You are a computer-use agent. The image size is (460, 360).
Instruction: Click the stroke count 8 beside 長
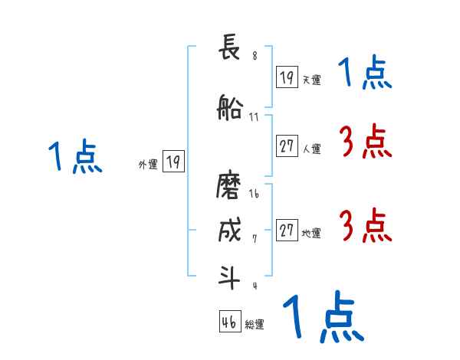[255, 56]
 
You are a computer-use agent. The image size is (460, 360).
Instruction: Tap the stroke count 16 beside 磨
[254, 194]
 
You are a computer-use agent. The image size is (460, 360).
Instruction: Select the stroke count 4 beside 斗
[255, 286]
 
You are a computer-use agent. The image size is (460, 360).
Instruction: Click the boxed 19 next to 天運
[287, 77]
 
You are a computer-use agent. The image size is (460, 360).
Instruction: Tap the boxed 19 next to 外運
[174, 162]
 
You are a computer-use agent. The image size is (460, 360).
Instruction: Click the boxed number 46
[229, 322]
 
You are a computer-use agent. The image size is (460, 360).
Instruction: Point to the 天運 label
[311, 80]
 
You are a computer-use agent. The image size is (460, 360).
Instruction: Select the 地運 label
[311, 233]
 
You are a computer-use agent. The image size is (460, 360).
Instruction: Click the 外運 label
[148, 164]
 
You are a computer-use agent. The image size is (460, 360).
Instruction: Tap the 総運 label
[254, 325]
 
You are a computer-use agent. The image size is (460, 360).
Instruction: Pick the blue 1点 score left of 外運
[74, 158]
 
